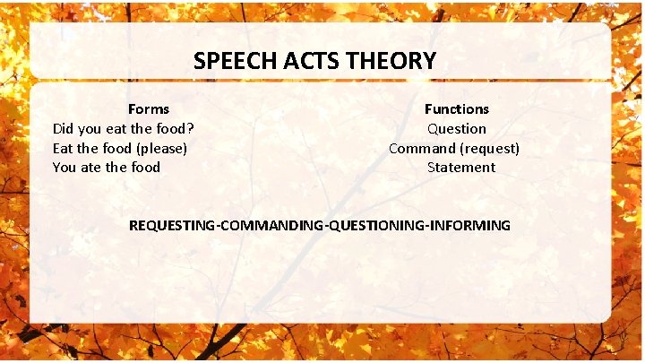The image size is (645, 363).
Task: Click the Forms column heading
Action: (x=149, y=108)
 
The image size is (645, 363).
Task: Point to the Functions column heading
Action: (x=457, y=108)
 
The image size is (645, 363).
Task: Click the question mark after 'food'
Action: (x=191, y=128)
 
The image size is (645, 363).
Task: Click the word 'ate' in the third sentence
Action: (x=99, y=167)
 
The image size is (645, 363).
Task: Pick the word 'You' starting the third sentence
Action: (x=65, y=167)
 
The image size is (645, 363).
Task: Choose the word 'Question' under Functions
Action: (x=457, y=128)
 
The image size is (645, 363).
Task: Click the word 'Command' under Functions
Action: (x=420, y=148)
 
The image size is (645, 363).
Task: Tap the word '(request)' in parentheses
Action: (x=488, y=148)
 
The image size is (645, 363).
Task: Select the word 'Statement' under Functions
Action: (x=460, y=167)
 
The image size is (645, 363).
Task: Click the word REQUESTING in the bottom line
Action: (x=170, y=225)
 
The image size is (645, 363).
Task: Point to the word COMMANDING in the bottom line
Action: (x=271, y=225)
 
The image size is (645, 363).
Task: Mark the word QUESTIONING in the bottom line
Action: (x=376, y=225)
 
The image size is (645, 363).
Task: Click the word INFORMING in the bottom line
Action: (x=469, y=225)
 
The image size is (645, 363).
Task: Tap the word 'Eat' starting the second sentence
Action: (x=63, y=148)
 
